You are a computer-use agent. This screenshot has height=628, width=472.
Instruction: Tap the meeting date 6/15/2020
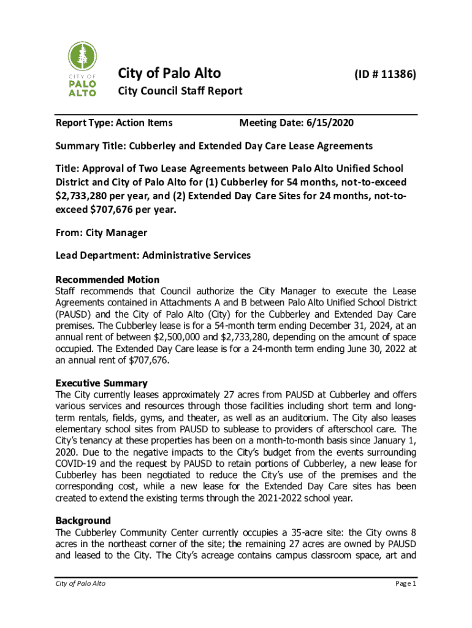pos(332,123)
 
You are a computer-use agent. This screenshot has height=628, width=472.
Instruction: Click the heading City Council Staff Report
pos(180,91)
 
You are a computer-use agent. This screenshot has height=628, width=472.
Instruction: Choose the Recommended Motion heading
pos(107,280)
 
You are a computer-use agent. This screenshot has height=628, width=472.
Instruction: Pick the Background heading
pos(83,504)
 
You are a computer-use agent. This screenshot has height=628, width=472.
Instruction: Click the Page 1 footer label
pos(405,583)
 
